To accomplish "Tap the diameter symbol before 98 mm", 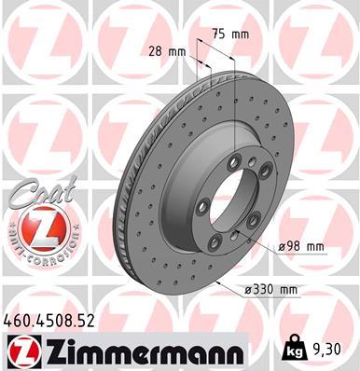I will point(283,246).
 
